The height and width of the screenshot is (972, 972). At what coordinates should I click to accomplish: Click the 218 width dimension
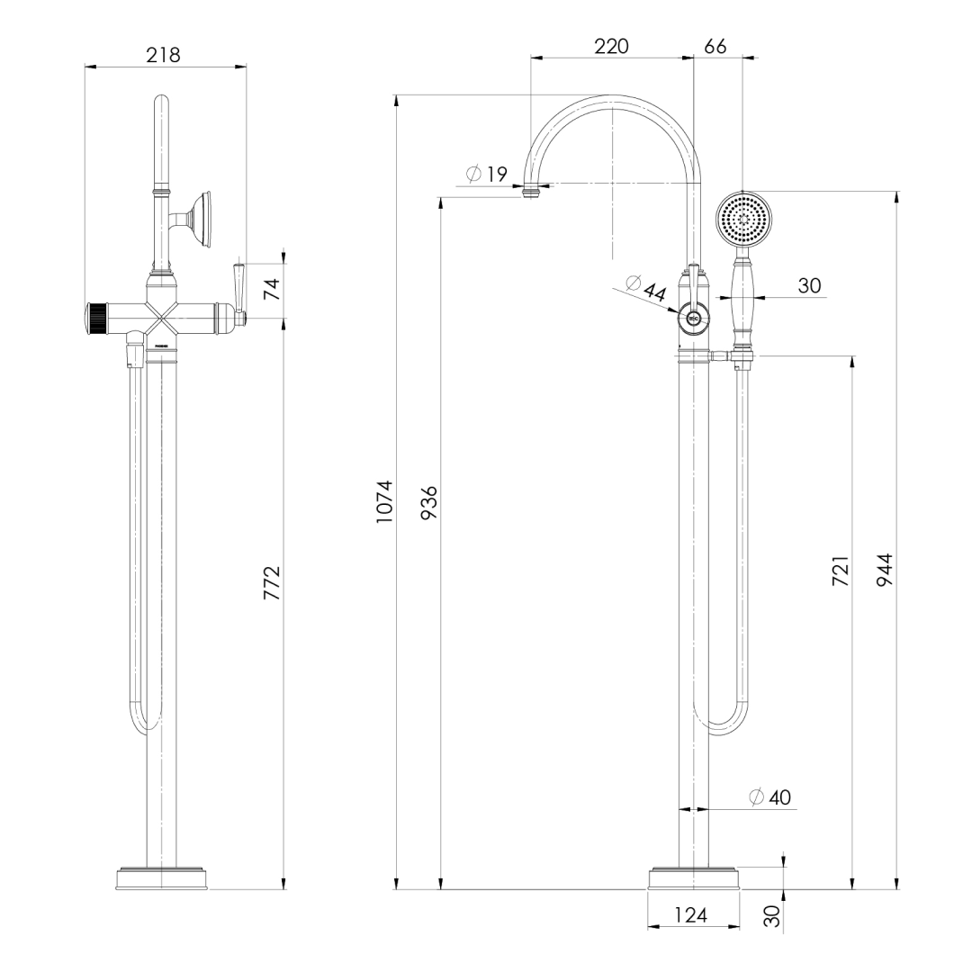[163, 55]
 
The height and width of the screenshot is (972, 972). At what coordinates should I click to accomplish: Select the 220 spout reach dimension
[611, 46]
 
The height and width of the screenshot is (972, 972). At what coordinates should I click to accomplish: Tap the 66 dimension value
[715, 46]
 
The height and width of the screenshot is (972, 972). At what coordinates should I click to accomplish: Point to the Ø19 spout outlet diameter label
[487, 175]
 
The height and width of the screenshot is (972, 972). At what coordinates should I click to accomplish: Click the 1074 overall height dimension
[384, 501]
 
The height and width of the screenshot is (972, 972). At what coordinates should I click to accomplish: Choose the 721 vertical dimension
[839, 571]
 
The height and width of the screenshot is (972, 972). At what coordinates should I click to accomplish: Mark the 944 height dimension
[884, 571]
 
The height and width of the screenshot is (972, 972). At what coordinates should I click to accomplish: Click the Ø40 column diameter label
[769, 797]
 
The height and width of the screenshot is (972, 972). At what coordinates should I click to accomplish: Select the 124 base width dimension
[690, 915]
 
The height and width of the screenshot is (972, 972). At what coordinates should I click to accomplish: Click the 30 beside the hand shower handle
[809, 285]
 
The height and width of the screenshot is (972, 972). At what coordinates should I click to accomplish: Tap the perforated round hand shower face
[744, 219]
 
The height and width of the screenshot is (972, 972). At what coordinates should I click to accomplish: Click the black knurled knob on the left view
[96, 319]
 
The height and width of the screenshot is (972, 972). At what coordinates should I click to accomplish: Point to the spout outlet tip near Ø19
[534, 191]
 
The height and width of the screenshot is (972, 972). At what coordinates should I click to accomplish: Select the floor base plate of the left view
[163, 878]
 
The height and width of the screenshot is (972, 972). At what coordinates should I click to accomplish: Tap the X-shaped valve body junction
[163, 319]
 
